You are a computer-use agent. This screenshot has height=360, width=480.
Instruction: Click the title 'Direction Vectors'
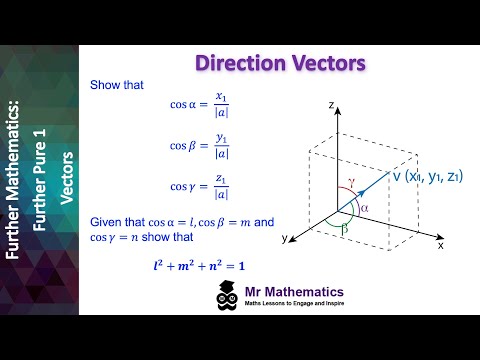pos(280,65)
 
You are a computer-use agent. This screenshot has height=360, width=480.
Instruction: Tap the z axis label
pos(330,103)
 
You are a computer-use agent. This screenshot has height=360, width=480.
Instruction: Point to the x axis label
pos(440,242)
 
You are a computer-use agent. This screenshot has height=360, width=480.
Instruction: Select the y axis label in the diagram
pos(285,239)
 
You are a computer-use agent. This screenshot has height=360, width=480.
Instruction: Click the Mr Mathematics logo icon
pos(226,297)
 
